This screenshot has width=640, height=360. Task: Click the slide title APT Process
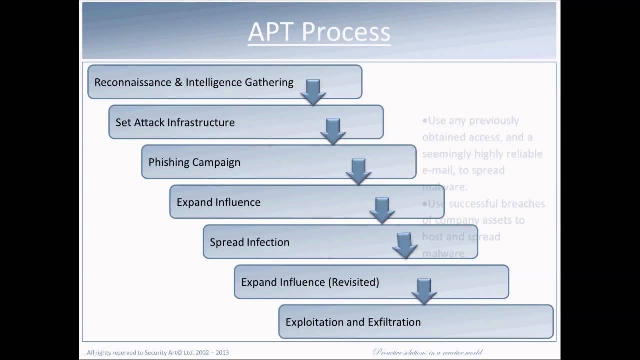point(319,32)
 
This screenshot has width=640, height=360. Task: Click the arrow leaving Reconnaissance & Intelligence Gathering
point(313,92)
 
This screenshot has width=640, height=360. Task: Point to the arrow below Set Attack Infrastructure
point(333,131)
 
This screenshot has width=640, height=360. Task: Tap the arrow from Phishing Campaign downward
point(358,171)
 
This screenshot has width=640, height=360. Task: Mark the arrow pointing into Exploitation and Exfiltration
point(424,291)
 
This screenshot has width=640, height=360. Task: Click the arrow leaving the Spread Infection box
point(405,245)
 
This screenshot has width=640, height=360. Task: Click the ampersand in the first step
point(178,82)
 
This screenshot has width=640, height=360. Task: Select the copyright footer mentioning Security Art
point(158,352)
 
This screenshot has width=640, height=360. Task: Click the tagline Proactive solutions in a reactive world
point(427,352)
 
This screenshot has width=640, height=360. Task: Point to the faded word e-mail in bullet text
point(438,170)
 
